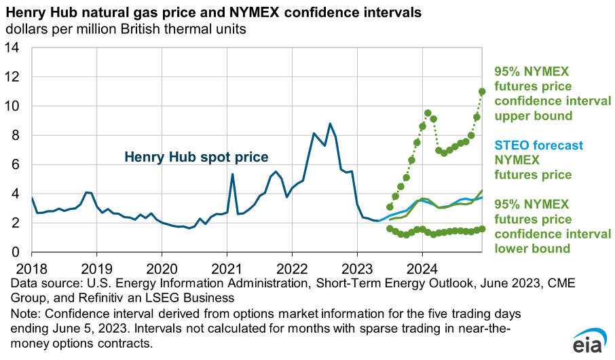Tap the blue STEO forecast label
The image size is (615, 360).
pyautogui.click(x=539, y=145)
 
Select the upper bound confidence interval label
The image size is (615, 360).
pyautogui.click(x=553, y=93)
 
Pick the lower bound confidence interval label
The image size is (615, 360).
pyautogui.click(x=553, y=226)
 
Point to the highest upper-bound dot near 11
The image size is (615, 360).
pyautogui.click(x=482, y=92)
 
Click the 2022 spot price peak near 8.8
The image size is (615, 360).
pyautogui.click(x=330, y=124)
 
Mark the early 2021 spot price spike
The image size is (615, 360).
pyautogui.click(x=232, y=175)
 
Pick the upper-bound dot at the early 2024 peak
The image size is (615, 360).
pyautogui.click(x=428, y=113)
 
